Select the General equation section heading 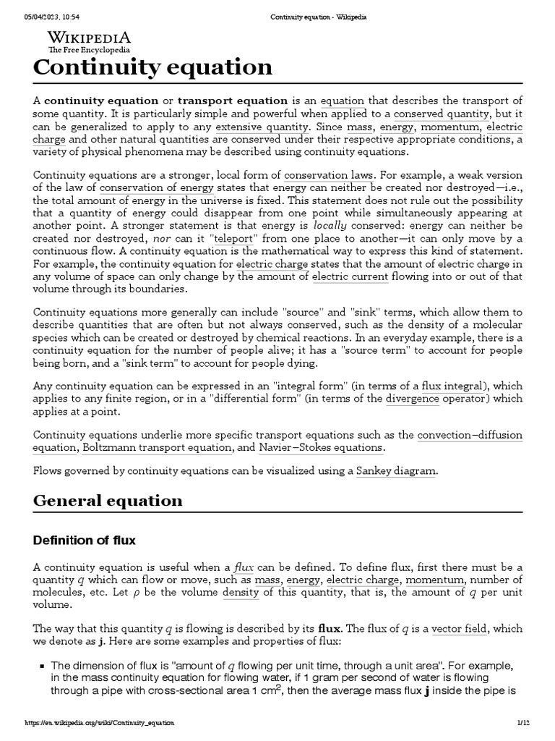click(108, 501)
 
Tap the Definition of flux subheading click(85, 540)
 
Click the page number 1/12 click(523, 722)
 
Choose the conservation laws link click(329, 174)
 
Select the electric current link click(350, 277)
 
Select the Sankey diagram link click(396, 471)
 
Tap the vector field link click(459, 629)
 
